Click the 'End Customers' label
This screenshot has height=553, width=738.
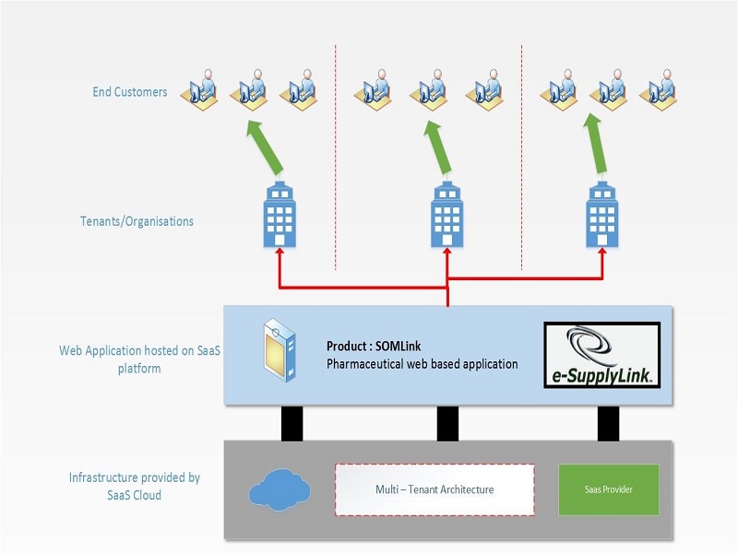point(130,91)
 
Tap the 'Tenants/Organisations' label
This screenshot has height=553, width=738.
point(137,221)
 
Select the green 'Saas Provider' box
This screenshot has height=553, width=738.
point(609,489)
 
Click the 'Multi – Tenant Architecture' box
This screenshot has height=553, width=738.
point(434,489)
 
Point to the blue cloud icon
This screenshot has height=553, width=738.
point(280,490)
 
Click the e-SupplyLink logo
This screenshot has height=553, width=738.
point(602,355)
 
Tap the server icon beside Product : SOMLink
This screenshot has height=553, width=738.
point(280,350)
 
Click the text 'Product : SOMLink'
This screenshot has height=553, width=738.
point(374,347)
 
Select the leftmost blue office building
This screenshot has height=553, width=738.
point(280,215)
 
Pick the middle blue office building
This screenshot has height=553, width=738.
point(447,215)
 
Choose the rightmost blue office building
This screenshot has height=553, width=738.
point(602,215)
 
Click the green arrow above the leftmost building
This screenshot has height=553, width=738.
point(265,147)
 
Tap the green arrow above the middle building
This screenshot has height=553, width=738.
point(437,147)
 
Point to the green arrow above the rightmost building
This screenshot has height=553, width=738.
point(595,144)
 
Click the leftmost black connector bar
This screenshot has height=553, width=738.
point(292,423)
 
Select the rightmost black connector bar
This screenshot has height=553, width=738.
point(608,423)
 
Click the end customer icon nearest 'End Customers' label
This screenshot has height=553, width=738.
point(199,89)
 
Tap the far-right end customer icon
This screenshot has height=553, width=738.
point(658,89)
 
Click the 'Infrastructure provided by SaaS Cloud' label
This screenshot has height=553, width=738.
point(135,487)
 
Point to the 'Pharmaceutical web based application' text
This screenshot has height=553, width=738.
point(423,364)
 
